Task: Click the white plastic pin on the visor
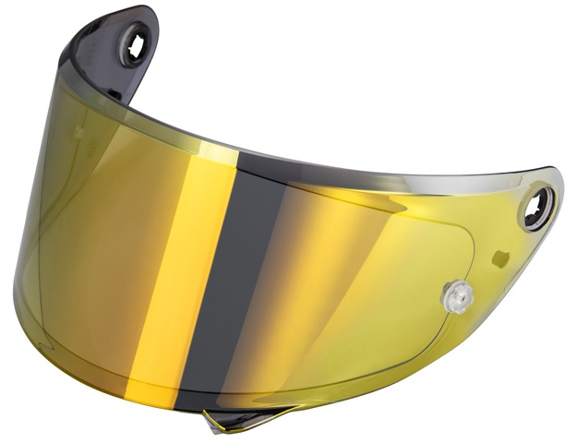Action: pos(459,296)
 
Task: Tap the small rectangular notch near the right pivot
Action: pos(499,254)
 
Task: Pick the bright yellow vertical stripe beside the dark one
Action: pos(212,277)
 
